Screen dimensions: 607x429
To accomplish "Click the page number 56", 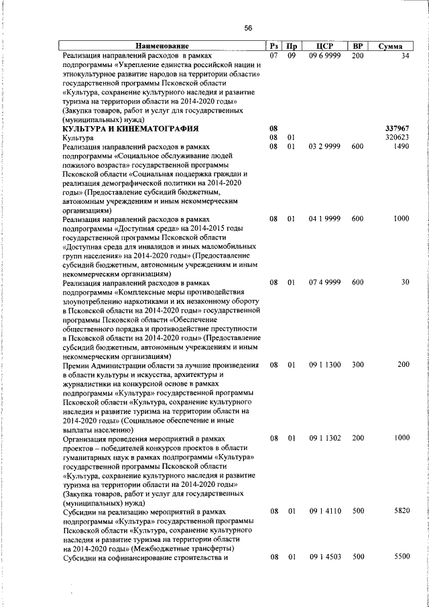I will [248, 27].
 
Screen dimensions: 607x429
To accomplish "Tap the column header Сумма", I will [390, 46].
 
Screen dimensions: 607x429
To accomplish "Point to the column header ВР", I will [357, 46].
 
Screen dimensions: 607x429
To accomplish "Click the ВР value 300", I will [357, 366].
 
